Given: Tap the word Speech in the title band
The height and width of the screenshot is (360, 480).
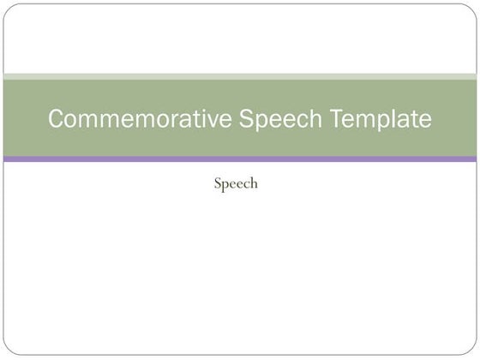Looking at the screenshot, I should pos(279,119).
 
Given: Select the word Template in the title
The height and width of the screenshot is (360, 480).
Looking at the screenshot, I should pos(384,119).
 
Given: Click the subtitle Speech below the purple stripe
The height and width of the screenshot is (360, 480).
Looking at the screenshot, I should pos(236,183).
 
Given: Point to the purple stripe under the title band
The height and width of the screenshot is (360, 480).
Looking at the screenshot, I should pos(240,159).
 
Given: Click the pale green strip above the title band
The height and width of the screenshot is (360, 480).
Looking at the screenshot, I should pos(240,76).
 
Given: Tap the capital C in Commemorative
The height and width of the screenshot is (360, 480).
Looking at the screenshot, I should pos(57,119).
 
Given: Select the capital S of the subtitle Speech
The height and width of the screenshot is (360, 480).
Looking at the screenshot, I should pos(218,183).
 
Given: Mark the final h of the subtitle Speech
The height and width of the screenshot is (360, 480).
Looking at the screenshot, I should pos(254,183).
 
